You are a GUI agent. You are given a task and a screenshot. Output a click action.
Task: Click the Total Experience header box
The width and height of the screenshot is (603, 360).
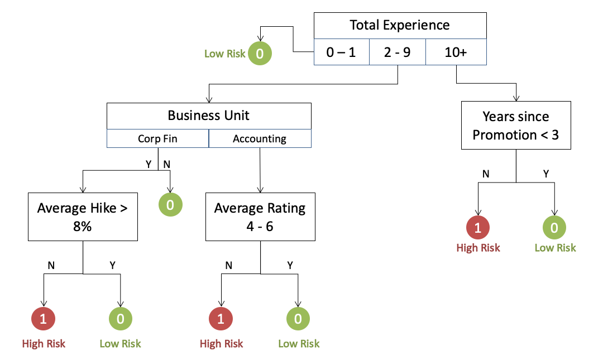tap(400, 25)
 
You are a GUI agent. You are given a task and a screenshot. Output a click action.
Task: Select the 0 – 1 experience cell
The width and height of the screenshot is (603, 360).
tap(341, 52)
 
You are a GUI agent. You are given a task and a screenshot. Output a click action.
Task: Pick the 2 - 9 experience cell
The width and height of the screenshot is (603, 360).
tap(397, 52)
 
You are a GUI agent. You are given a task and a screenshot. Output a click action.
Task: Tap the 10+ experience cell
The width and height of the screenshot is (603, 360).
tap(456, 52)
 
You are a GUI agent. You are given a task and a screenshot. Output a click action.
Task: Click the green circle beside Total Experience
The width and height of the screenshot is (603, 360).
tap(260, 54)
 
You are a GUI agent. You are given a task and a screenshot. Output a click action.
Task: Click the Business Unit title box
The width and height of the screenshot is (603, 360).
tap(209, 116)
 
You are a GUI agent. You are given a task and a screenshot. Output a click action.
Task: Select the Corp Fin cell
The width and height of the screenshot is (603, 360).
tap(157, 139)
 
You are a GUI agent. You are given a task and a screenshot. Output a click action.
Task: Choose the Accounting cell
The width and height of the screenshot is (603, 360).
tap(260, 139)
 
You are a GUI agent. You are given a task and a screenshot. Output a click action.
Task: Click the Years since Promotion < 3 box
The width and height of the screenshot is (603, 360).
tap(516, 126)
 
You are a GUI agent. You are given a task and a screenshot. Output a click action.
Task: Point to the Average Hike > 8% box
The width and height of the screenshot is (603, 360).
tap(83, 217)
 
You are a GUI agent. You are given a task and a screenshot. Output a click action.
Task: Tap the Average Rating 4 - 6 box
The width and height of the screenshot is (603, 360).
tap(260, 217)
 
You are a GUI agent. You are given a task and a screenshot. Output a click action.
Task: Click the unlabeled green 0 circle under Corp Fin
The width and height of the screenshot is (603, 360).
tap(170, 205)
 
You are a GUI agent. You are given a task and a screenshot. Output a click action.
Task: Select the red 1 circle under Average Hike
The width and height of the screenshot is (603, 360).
tap(44, 319)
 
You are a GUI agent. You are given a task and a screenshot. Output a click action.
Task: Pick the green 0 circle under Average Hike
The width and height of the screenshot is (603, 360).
tap(120, 319)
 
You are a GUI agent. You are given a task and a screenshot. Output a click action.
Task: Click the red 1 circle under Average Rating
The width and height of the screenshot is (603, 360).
tap(221, 319)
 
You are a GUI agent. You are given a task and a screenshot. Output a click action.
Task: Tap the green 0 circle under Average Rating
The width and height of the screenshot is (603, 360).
tap(298, 319)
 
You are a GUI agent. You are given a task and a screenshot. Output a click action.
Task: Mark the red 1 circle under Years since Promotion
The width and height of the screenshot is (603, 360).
tap(478, 227)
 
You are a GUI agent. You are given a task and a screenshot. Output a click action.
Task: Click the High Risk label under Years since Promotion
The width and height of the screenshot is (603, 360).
tap(478, 248)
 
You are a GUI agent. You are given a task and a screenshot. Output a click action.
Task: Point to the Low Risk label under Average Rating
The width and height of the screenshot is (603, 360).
tap(299, 343)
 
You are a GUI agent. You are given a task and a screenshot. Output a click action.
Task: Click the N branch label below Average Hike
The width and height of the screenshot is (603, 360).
tap(51, 265)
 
